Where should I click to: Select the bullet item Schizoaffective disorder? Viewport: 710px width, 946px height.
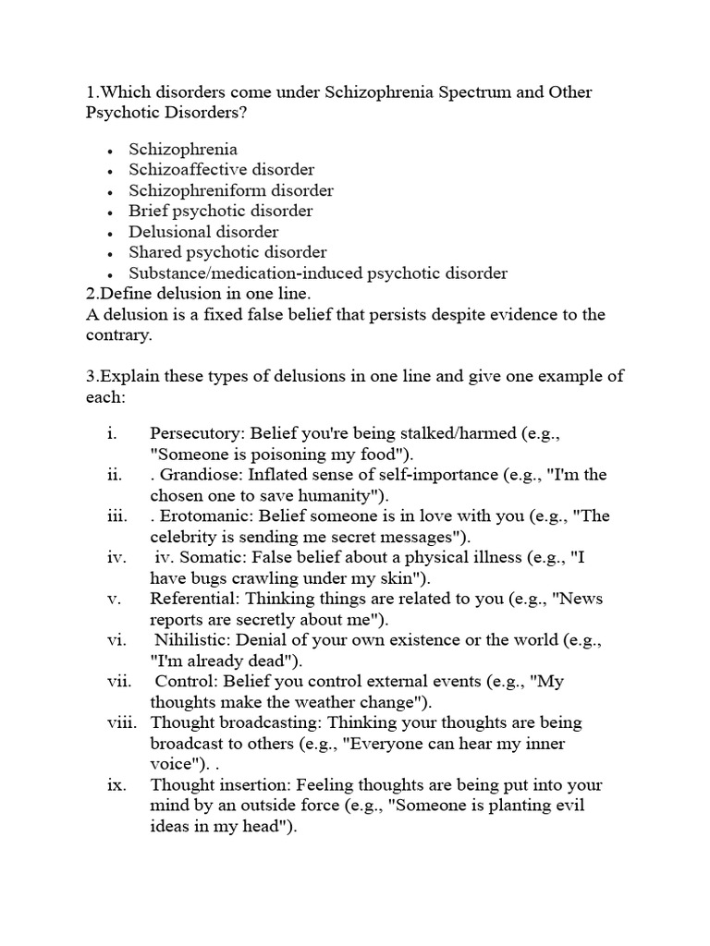pos(221,170)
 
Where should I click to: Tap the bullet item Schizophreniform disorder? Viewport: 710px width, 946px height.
pos(230,190)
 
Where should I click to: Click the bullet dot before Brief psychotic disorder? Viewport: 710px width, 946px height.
pos(110,212)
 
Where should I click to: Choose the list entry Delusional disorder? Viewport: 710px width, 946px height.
pos(203,232)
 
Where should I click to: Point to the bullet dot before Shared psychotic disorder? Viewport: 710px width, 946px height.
pos(110,253)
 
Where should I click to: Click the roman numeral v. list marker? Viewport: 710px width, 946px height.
pos(115,599)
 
